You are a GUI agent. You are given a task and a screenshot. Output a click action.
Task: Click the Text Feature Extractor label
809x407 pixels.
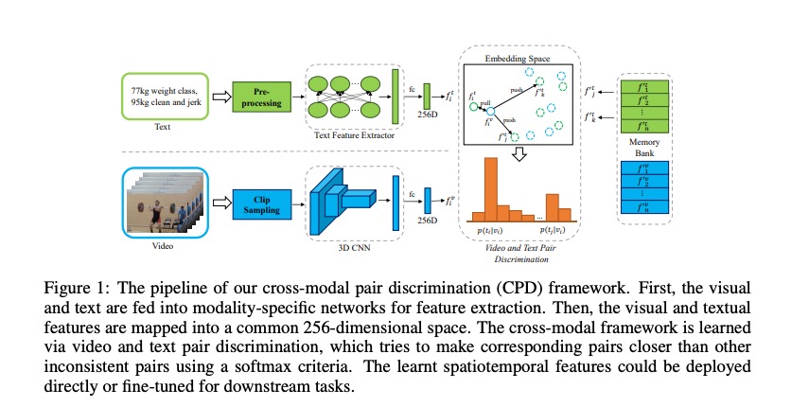coord(353,134)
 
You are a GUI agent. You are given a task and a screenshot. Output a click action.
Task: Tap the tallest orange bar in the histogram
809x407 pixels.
coord(490,188)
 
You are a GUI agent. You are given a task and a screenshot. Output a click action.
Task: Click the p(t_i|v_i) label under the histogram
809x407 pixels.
coord(491,230)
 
